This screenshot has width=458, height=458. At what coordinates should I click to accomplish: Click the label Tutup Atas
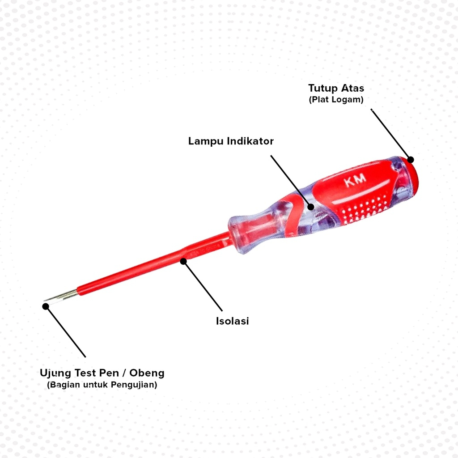tap(336, 88)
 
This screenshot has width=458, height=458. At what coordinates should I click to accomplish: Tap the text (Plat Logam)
tap(336, 100)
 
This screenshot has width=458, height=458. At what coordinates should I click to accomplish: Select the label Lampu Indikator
tap(231, 141)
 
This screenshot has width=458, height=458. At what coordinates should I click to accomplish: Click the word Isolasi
tap(233, 321)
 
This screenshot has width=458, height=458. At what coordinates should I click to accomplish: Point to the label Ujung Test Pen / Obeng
tap(102, 373)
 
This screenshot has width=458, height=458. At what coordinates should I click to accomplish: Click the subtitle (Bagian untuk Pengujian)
tap(102, 385)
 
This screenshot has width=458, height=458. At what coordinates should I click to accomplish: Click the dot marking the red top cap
tap(411, 160)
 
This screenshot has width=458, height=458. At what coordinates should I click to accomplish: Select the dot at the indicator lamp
tap(311, 207)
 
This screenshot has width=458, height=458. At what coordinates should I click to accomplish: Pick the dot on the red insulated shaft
tap(183, 261)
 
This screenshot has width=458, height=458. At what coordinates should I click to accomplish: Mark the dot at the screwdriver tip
tap(45, 306)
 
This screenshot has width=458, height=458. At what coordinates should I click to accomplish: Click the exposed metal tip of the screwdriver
tap(63, 296)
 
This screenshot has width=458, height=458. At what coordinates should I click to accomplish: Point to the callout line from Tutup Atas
tap(390, 133)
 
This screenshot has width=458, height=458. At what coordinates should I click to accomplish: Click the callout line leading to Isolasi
tap(203, 286)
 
